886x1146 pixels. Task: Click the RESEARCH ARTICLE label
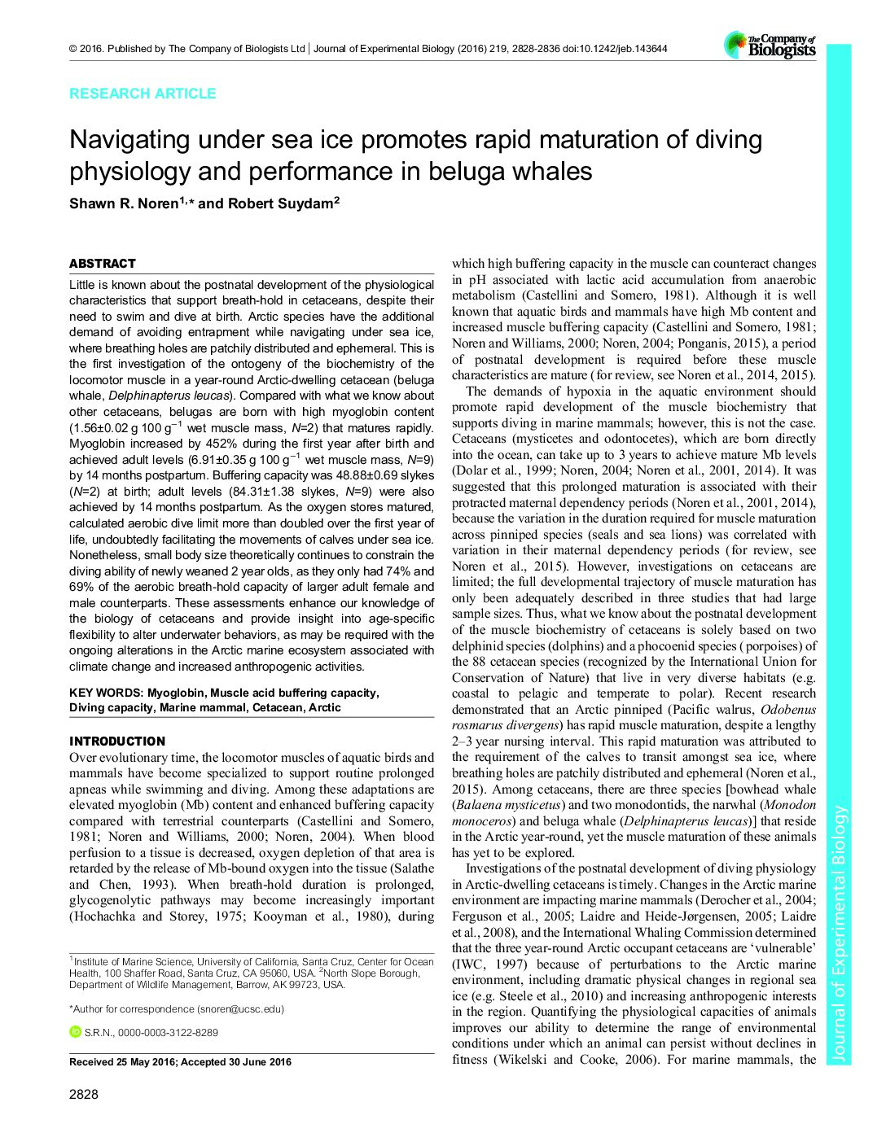[143, 94]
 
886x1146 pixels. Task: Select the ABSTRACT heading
[103, 264]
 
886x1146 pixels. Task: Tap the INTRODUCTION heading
[117, 741]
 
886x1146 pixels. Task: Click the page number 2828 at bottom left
[84, 1095]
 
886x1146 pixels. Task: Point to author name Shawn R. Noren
[123, 203]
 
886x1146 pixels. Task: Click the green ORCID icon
[76, 1032]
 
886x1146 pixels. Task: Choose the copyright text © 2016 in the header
[86, 49]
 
